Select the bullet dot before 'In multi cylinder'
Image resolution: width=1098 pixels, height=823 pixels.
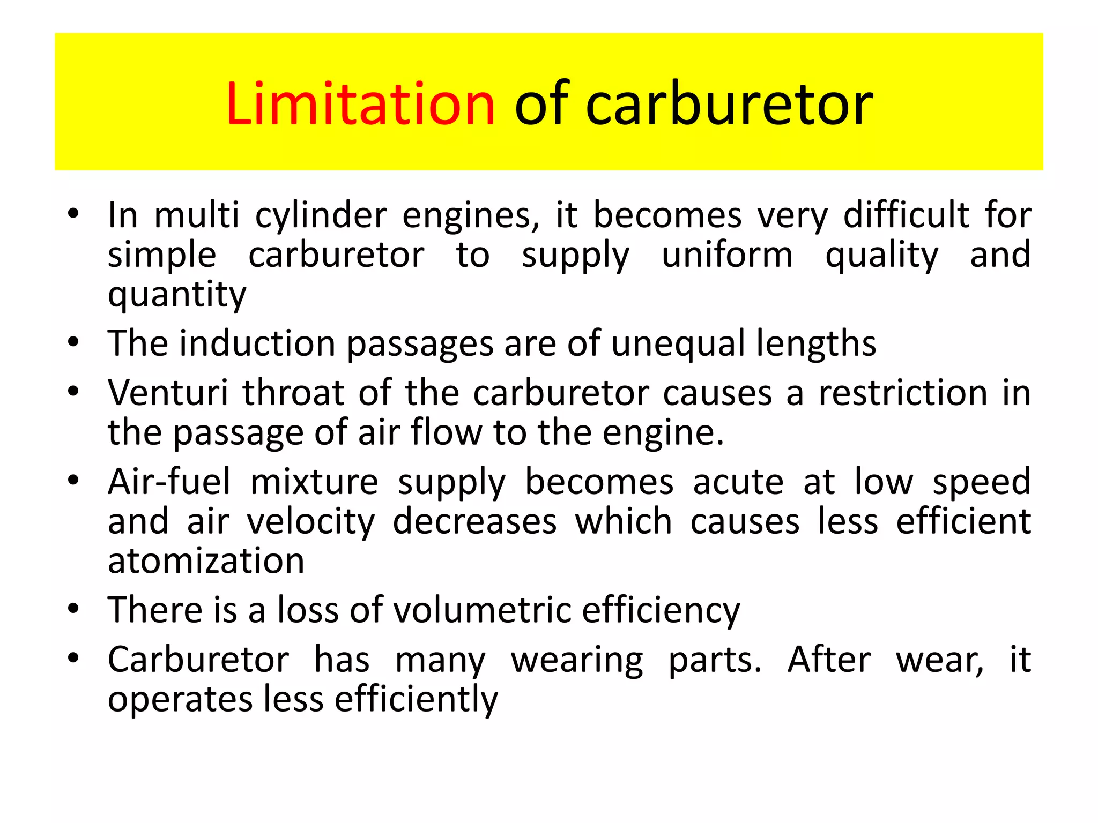click(x=73, y=215)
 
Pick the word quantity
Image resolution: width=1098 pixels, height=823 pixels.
click(x=177, y=295)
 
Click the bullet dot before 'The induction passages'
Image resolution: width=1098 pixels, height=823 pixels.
click(x=73, y=342)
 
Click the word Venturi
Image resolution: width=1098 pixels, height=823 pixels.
click(x=168, y=393)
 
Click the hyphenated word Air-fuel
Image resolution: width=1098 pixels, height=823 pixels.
click(x=169, y=481)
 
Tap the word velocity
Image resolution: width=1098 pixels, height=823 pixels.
click(x=311, y=522)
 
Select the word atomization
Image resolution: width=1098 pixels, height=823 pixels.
click(x=206, y=561)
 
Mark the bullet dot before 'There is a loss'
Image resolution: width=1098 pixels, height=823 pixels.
click(x=73, y=609)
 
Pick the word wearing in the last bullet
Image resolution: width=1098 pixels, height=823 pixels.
click(x=577, y=660)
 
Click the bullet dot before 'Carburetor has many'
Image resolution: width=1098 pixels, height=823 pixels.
click(x=73, y=659)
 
